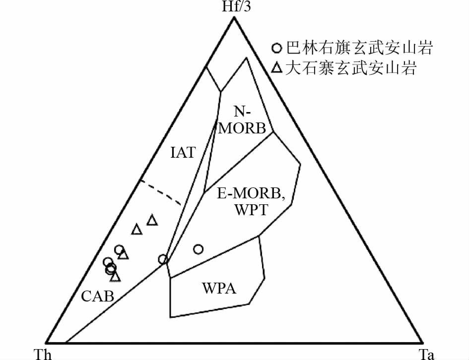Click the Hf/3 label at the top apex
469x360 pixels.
point(234,6)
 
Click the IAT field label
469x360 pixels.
point(183,152)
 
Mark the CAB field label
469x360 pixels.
point(98,297)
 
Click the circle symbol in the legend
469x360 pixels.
point(277,49)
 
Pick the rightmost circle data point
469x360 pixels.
point(198,249)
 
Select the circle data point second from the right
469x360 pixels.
point(163,259)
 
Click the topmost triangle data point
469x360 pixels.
point(152,220)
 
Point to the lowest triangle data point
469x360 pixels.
point(115,276)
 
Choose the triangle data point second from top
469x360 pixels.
point(136,229)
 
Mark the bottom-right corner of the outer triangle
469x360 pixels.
point(422,343)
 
